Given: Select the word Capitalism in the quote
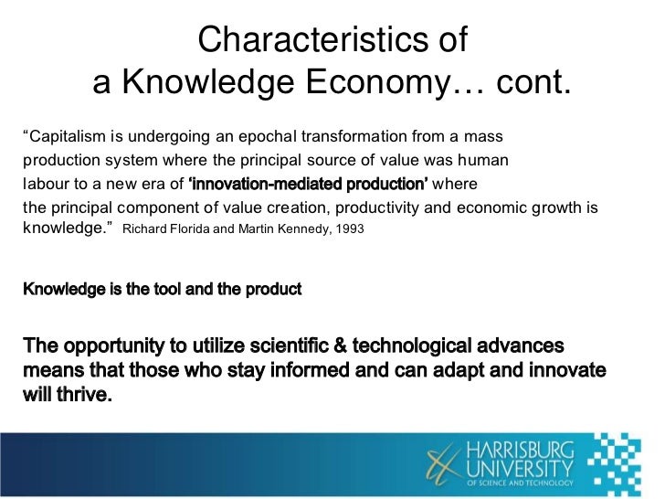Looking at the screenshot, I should click(65, 137).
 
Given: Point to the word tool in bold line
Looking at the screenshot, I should click(161, 290).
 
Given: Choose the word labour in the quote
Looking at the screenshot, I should click(43, 184).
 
